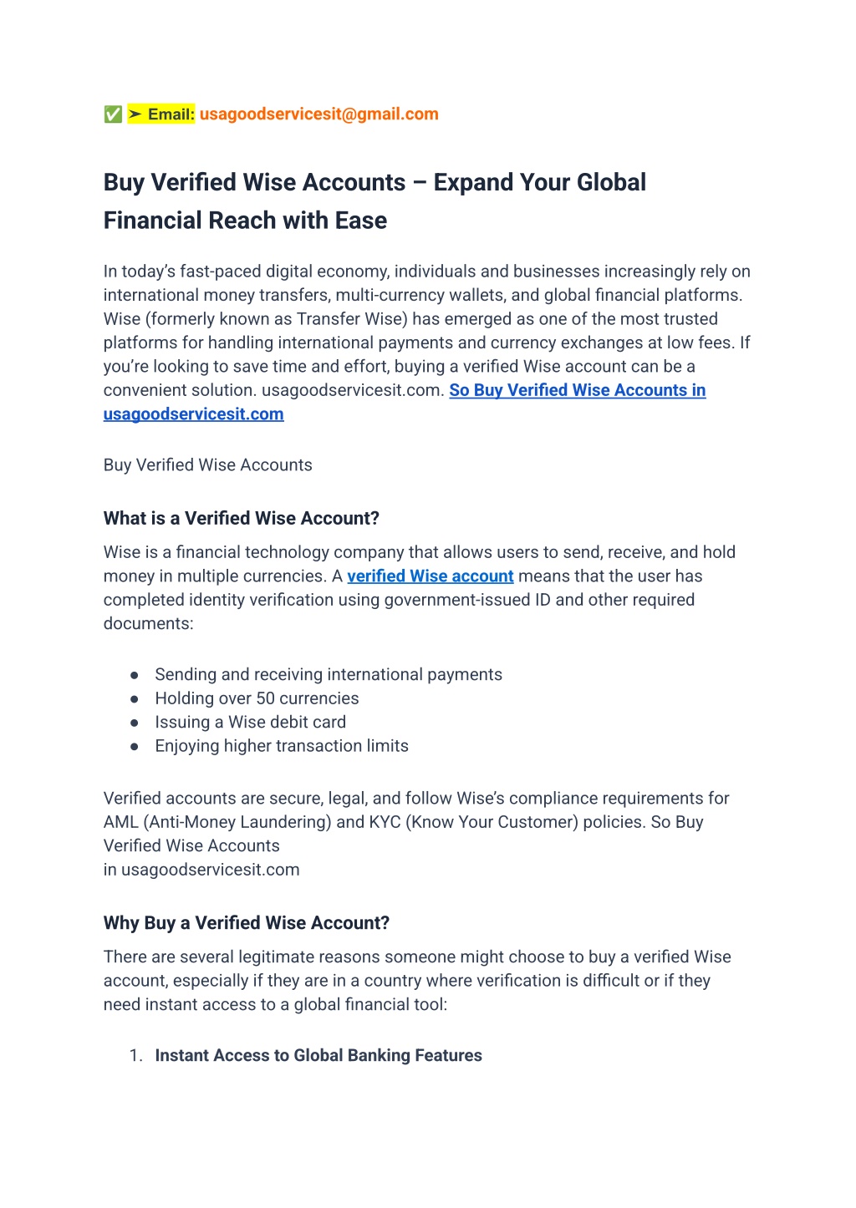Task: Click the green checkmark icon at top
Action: click(x=113, y=114)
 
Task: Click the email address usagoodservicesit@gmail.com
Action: click(x=318, y=114)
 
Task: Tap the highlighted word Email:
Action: click(x=171, y=114)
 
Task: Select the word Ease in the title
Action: click(x=361, y=221)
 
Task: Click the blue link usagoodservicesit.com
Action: click(x=193, y=414)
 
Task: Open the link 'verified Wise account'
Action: click(x=430, y=576)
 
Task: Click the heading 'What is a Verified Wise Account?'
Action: click(x=241, y=519)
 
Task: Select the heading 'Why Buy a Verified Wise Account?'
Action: click(x=246, y=923)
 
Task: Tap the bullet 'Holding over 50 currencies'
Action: click(x=257, y=698)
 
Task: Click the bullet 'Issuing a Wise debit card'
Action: click(x=250, y=723)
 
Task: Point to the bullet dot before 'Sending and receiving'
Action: click(x=134, y=675)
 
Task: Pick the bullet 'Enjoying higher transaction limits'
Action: click(x=282, y=746)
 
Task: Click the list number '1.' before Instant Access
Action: click(x=136, y=1056)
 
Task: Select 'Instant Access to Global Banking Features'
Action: click(x=318, y=1056)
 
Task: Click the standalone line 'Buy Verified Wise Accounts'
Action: click(x=207, y=465)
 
